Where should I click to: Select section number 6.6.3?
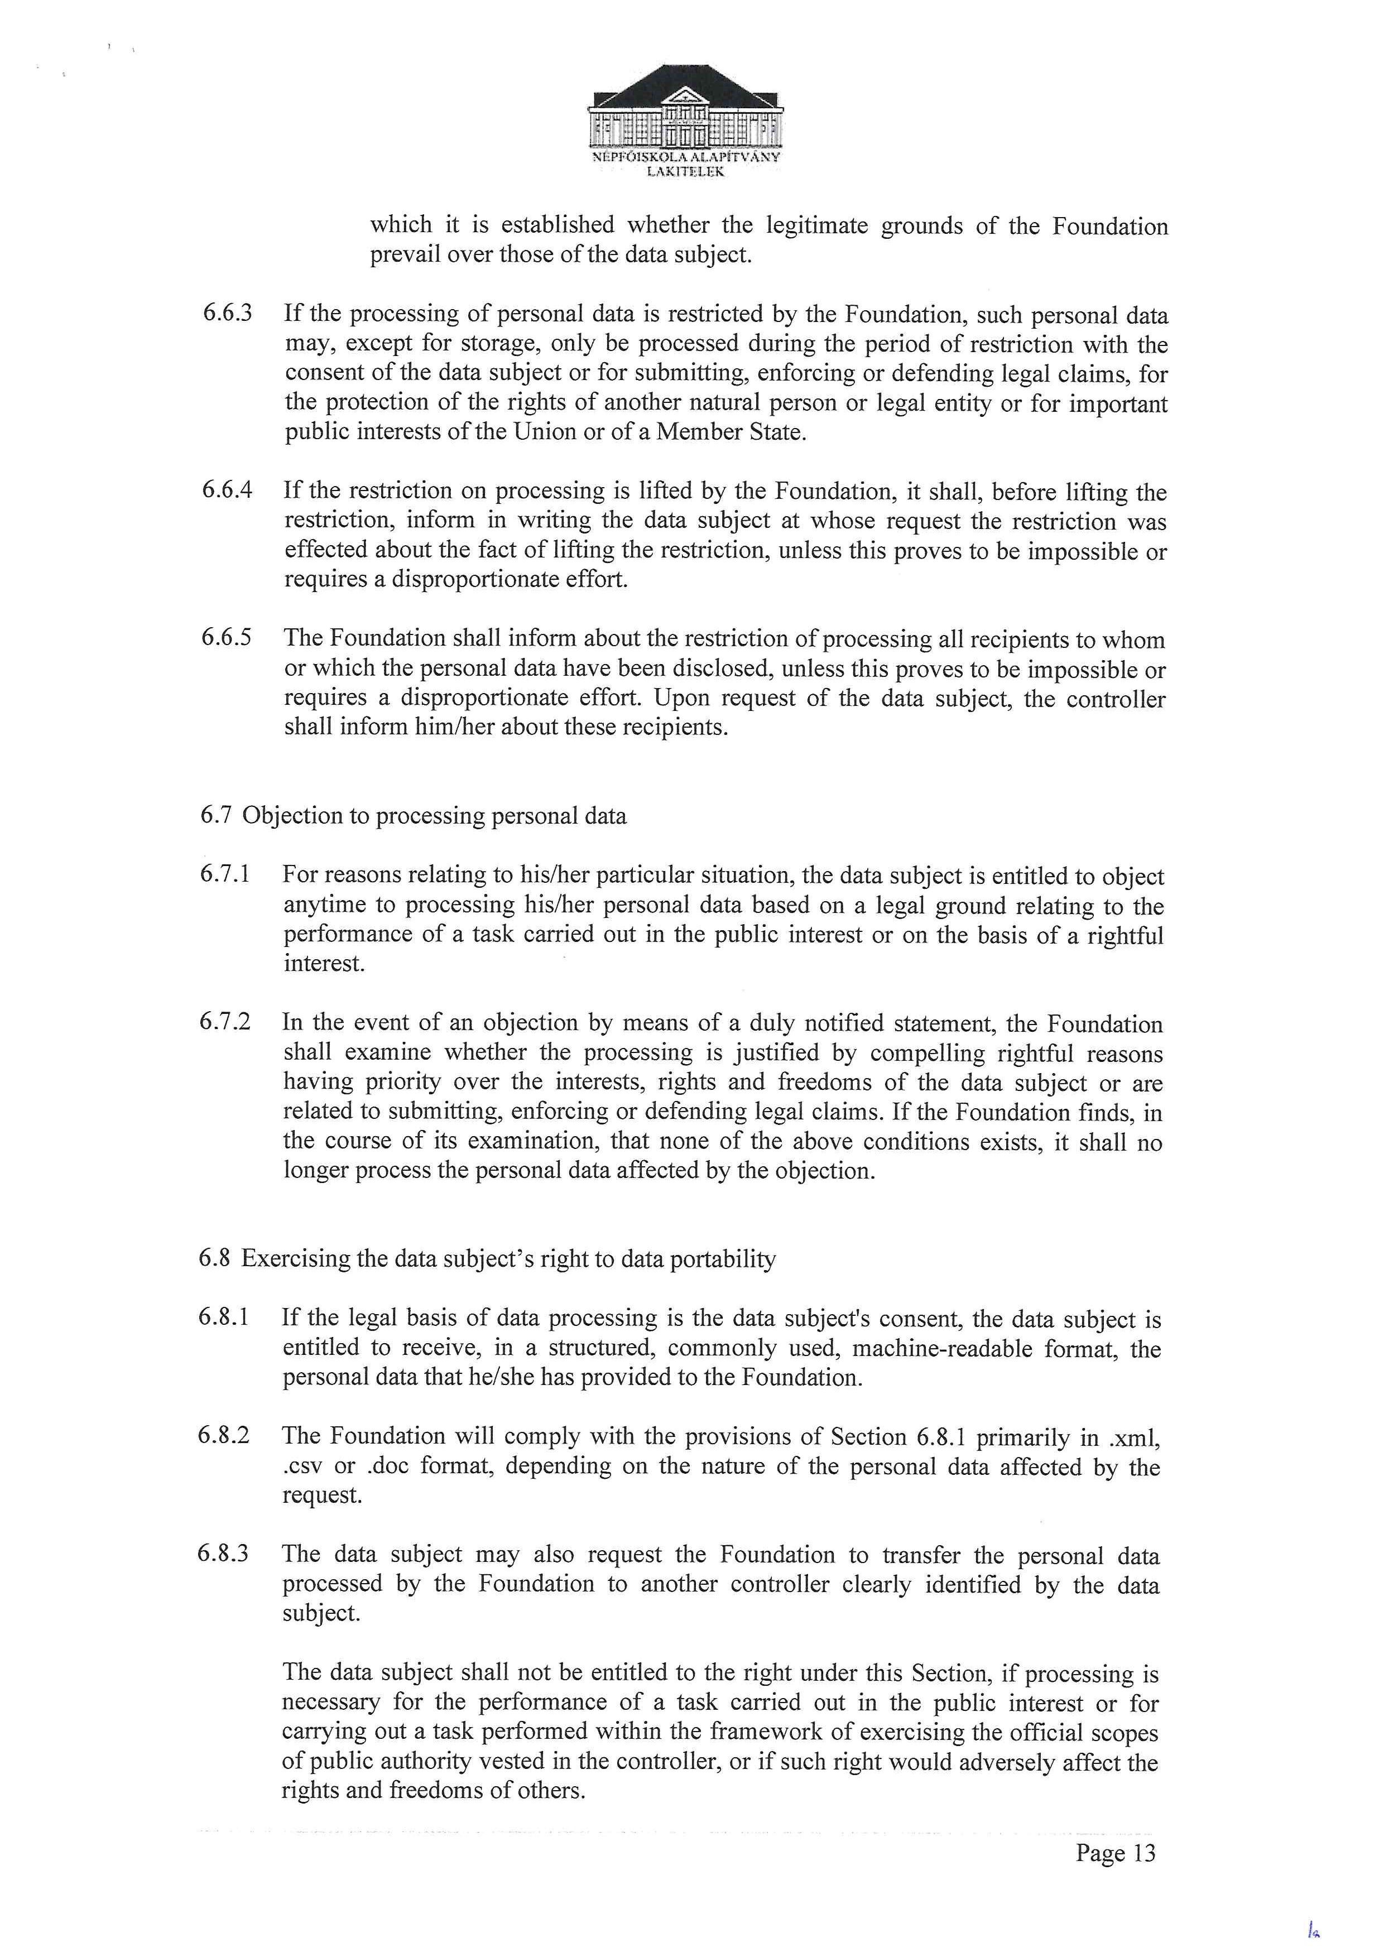point(227,313)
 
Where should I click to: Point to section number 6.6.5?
point(226,638)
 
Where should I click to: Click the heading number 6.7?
point(215,816)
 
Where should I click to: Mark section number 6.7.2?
point(225,1022)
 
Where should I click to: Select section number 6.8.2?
point(223,1435)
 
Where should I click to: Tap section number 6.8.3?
point(223,1553)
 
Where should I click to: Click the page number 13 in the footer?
point(1143,1853)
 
